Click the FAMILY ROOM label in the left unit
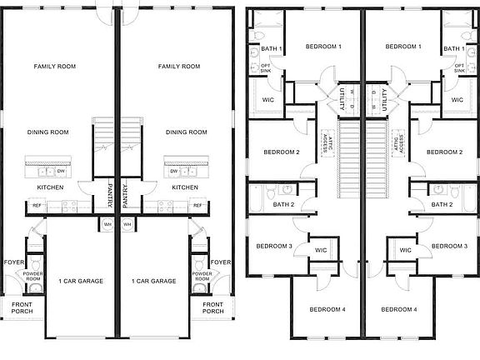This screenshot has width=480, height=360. pos(54,66)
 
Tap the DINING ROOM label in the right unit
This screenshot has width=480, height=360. pos(186,132)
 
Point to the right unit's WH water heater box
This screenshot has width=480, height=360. pos(127,224)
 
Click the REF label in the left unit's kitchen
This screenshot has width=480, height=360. pos(37,204)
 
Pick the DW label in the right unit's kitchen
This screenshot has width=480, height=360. pos(174,171)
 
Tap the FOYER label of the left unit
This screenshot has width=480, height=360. pos(13,262)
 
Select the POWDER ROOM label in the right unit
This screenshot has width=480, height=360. pos(202,275)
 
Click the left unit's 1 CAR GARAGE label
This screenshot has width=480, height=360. pos(81,281)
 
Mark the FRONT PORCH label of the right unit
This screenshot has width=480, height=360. pos(214,308)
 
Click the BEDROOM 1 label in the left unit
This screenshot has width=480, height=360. pos(323,47)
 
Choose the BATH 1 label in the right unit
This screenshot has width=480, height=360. pos(453,49)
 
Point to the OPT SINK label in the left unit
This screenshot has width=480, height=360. pos(266,68)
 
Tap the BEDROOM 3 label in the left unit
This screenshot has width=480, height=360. pos(272,246)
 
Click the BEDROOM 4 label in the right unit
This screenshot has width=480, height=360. pos(398,309)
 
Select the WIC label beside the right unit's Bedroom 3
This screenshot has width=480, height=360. pos(406,250)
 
